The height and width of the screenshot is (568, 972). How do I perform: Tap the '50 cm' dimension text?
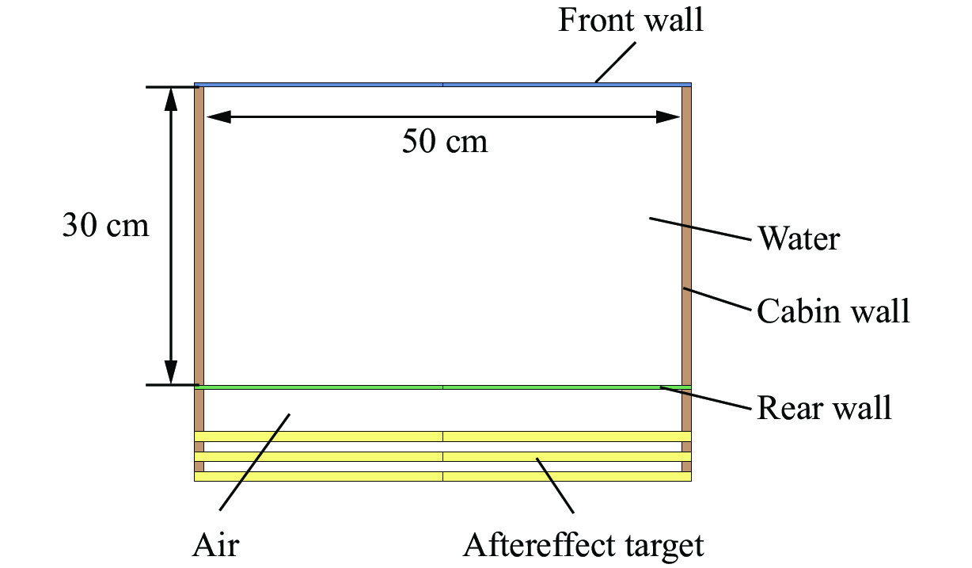444,143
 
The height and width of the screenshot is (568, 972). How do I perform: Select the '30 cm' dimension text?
105,226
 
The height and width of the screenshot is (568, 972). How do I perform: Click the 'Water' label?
798,238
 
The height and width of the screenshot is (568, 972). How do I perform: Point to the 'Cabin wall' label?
833,311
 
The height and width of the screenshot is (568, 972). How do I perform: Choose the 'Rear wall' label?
824,408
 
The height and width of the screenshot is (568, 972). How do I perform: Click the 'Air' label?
215,546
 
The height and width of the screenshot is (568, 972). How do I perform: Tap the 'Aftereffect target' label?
583,546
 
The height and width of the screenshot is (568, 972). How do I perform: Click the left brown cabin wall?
199,238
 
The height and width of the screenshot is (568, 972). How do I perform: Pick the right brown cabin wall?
687,238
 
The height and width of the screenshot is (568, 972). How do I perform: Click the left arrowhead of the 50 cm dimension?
218,117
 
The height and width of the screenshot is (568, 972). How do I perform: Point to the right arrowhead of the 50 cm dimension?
669,117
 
